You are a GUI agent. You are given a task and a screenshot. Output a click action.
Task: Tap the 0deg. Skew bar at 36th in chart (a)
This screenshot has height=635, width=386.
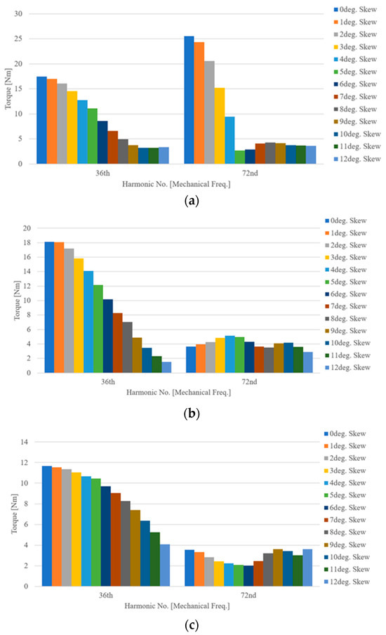point(41,120)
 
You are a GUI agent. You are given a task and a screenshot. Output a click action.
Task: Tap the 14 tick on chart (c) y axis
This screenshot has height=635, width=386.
point(26,442)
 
